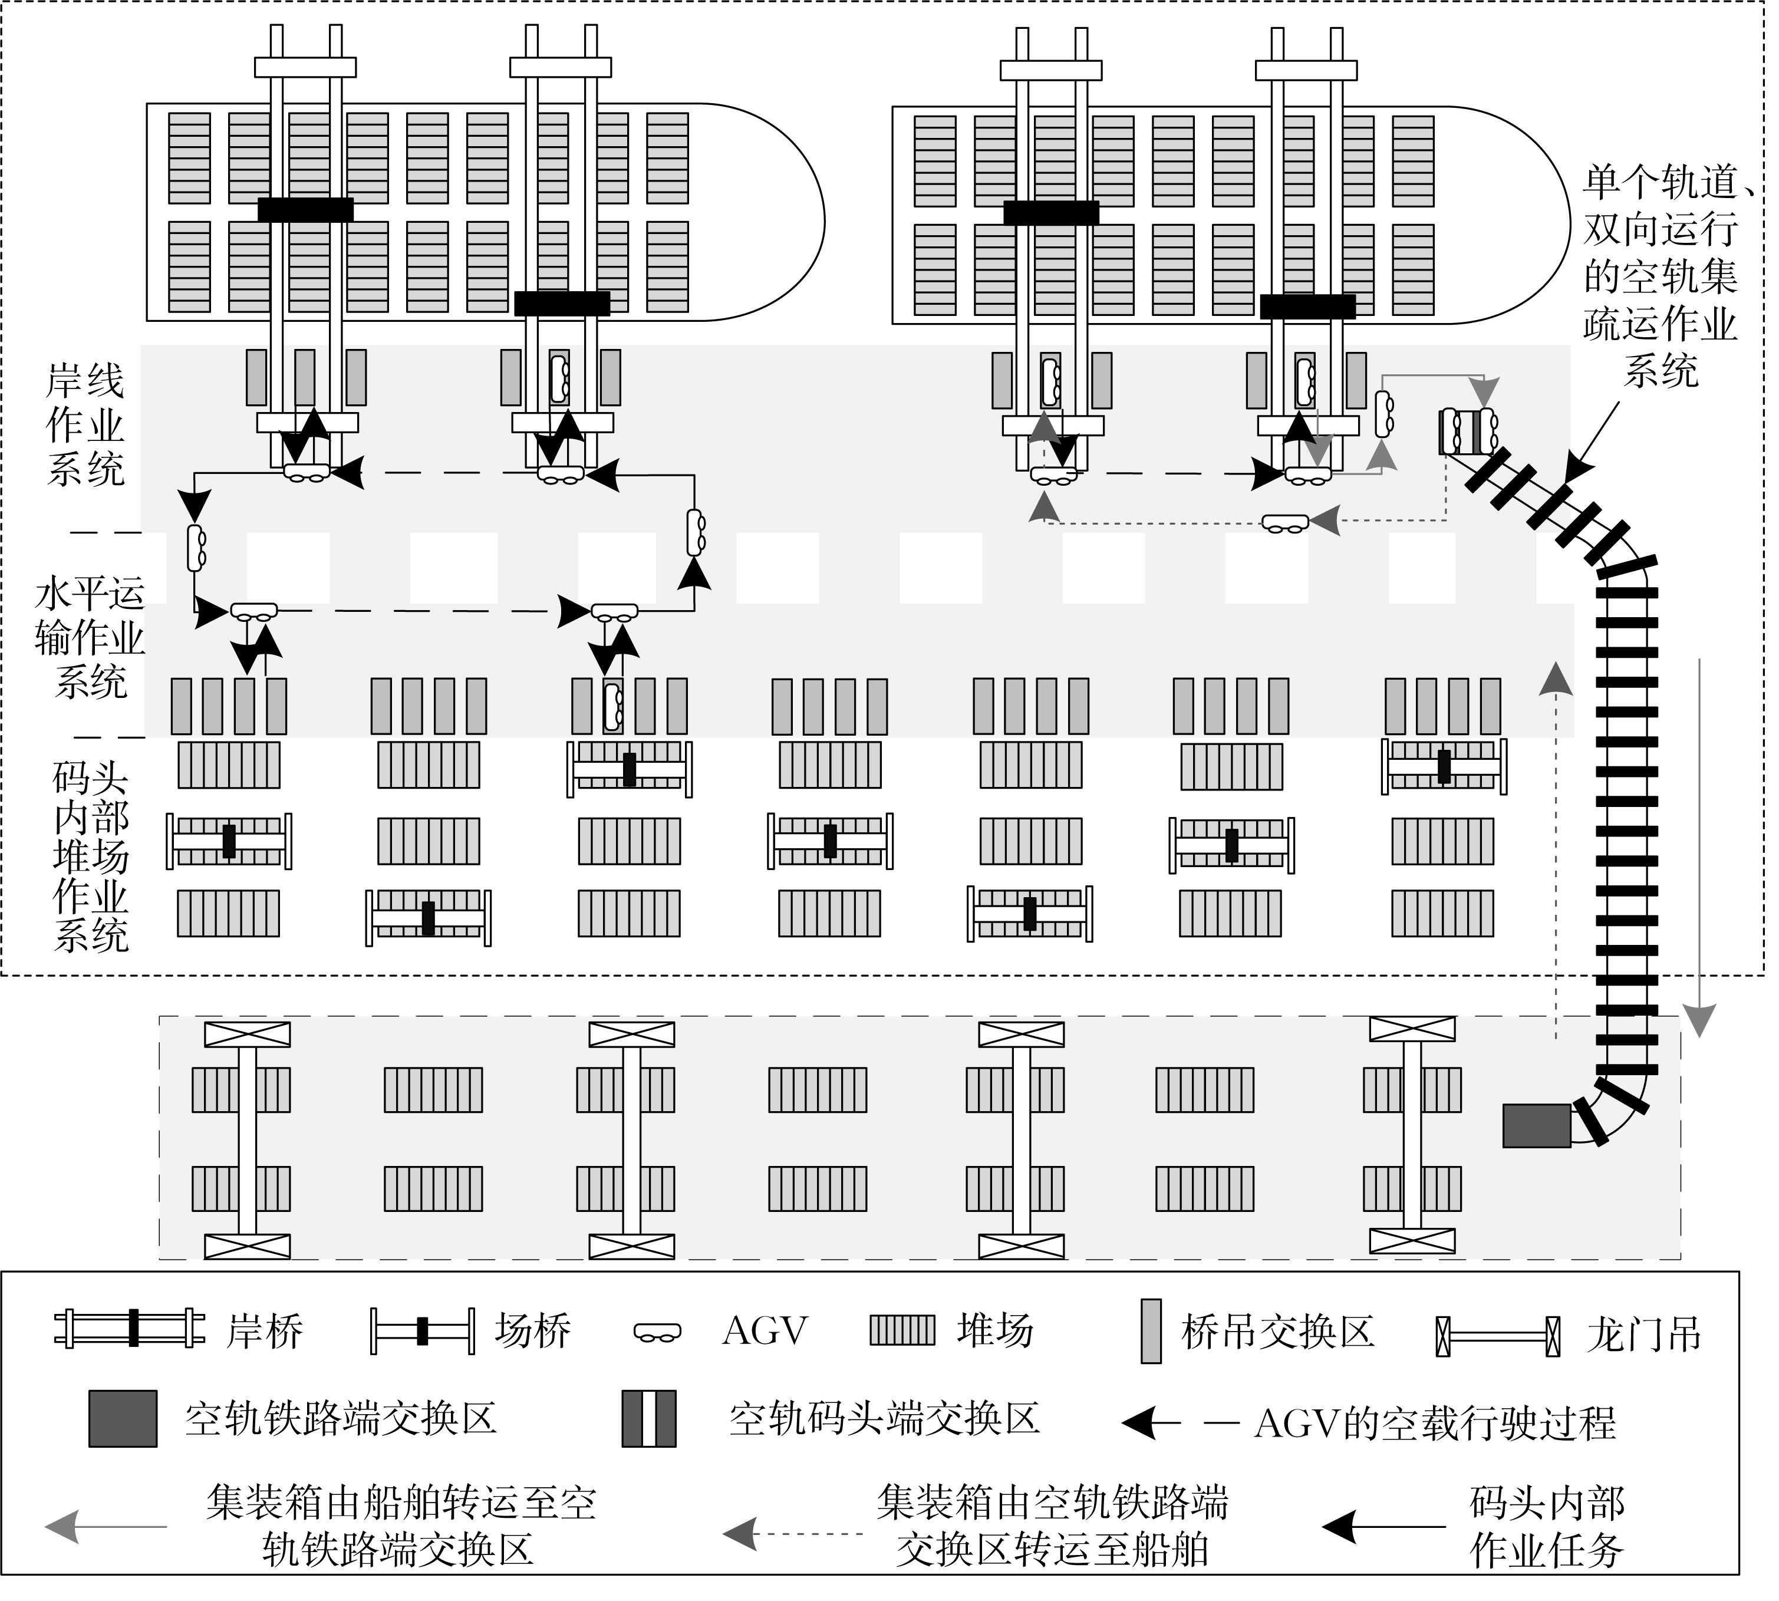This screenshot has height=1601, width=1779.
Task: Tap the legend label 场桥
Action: [532, 1331]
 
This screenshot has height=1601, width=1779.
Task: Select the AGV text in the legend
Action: [765, 1331]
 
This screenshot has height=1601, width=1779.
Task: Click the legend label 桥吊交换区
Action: [1277, 1332]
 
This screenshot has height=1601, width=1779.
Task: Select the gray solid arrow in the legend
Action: [106, 1526]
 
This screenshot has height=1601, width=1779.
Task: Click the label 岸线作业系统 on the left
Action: [85, 426]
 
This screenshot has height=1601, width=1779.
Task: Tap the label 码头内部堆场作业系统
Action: [91, 857]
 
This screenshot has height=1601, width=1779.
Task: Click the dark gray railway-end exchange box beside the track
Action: [1536, 1126]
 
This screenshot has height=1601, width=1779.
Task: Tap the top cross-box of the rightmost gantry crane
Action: [1412, 1029]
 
